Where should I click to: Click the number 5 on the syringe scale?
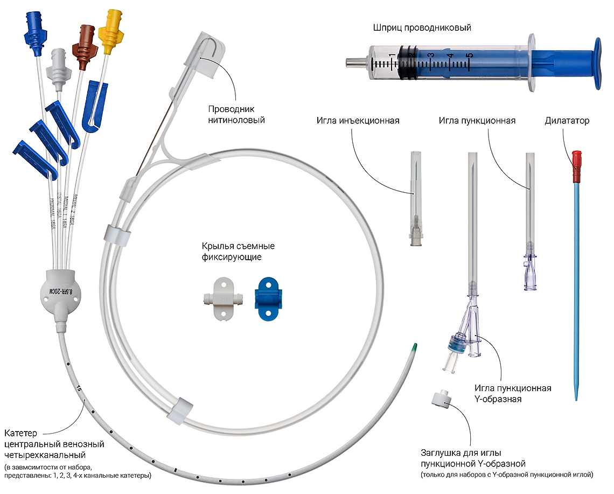469,55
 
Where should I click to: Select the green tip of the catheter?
414,348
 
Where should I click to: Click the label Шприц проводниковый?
422,27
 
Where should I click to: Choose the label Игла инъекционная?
358,121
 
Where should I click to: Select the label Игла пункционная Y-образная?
512,393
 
